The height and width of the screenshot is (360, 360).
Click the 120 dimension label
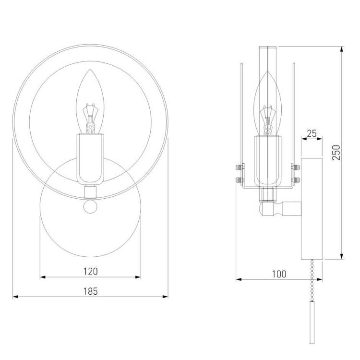[90, 271]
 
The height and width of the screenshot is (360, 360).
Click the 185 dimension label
[90, 291]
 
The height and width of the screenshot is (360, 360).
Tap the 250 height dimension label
[336, 153]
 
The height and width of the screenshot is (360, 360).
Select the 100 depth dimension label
[279, 274]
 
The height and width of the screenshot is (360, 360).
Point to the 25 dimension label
[312, 133]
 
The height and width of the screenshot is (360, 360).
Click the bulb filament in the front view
[90, 118]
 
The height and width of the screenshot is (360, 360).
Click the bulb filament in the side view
[267, 120]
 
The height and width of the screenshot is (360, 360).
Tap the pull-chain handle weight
[312, 323]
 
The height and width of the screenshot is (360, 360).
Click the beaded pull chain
[312, 280]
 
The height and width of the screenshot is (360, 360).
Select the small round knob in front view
[90, 206]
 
